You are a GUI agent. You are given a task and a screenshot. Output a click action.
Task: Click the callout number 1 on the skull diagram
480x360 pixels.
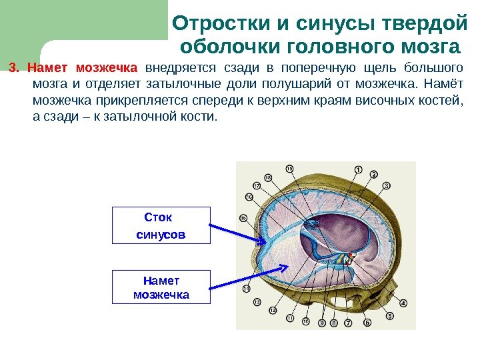point(358,169)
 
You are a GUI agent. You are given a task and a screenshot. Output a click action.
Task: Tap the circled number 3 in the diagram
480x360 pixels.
point(387,185)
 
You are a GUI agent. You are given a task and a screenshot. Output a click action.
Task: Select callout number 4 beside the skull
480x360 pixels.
point(403,303)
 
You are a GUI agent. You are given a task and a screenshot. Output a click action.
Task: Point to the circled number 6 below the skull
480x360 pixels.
point(367,323)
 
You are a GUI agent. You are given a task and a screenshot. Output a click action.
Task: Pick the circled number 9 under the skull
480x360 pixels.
point(322,324)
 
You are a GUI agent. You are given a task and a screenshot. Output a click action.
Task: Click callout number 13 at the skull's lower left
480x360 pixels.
point(257,302)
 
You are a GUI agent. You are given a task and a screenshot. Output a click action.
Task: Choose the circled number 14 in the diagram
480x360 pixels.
point(246,289)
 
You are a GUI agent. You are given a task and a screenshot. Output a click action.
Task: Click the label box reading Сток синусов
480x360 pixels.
point(161,226)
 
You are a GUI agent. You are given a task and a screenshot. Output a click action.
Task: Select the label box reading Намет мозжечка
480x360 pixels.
point(161,287)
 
